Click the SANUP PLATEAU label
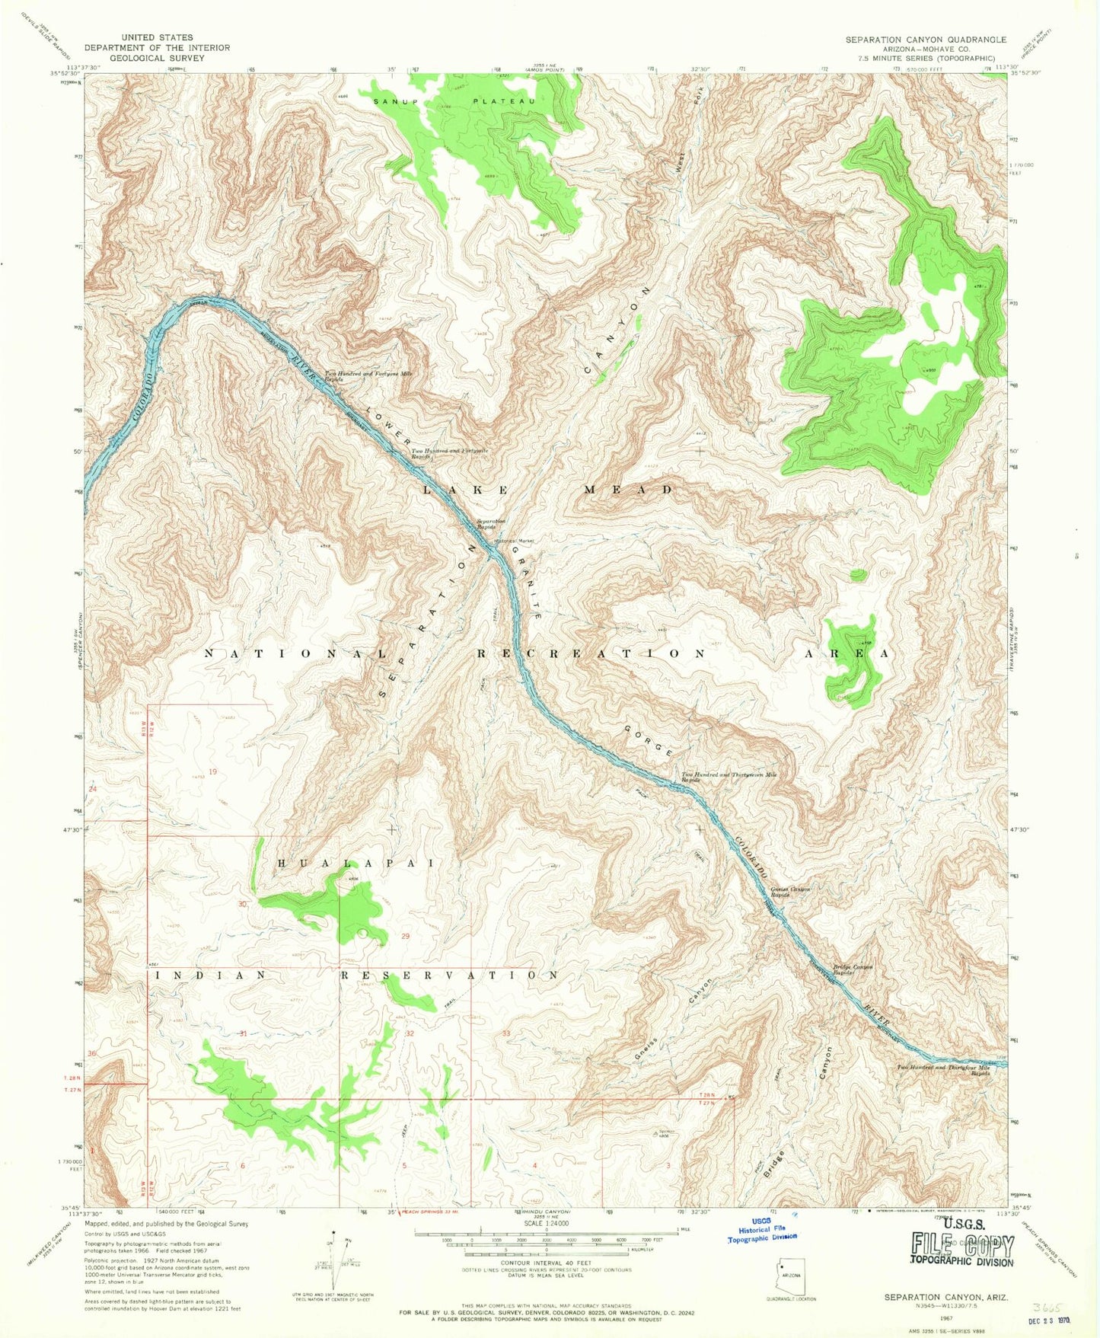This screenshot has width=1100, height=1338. (454, 101)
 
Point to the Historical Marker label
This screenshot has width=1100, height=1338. (515, 541)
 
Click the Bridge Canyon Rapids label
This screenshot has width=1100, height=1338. (852, 970)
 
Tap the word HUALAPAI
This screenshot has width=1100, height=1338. (355, 864)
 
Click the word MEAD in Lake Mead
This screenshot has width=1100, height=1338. (628, 490)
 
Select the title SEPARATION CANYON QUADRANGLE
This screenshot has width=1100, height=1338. (926, 40)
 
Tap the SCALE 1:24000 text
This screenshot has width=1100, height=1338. (543, 1223)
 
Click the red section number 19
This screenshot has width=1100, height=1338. (213, 771)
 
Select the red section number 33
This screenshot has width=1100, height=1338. (506, 1033)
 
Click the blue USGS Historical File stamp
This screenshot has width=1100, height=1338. (761, 1229)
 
